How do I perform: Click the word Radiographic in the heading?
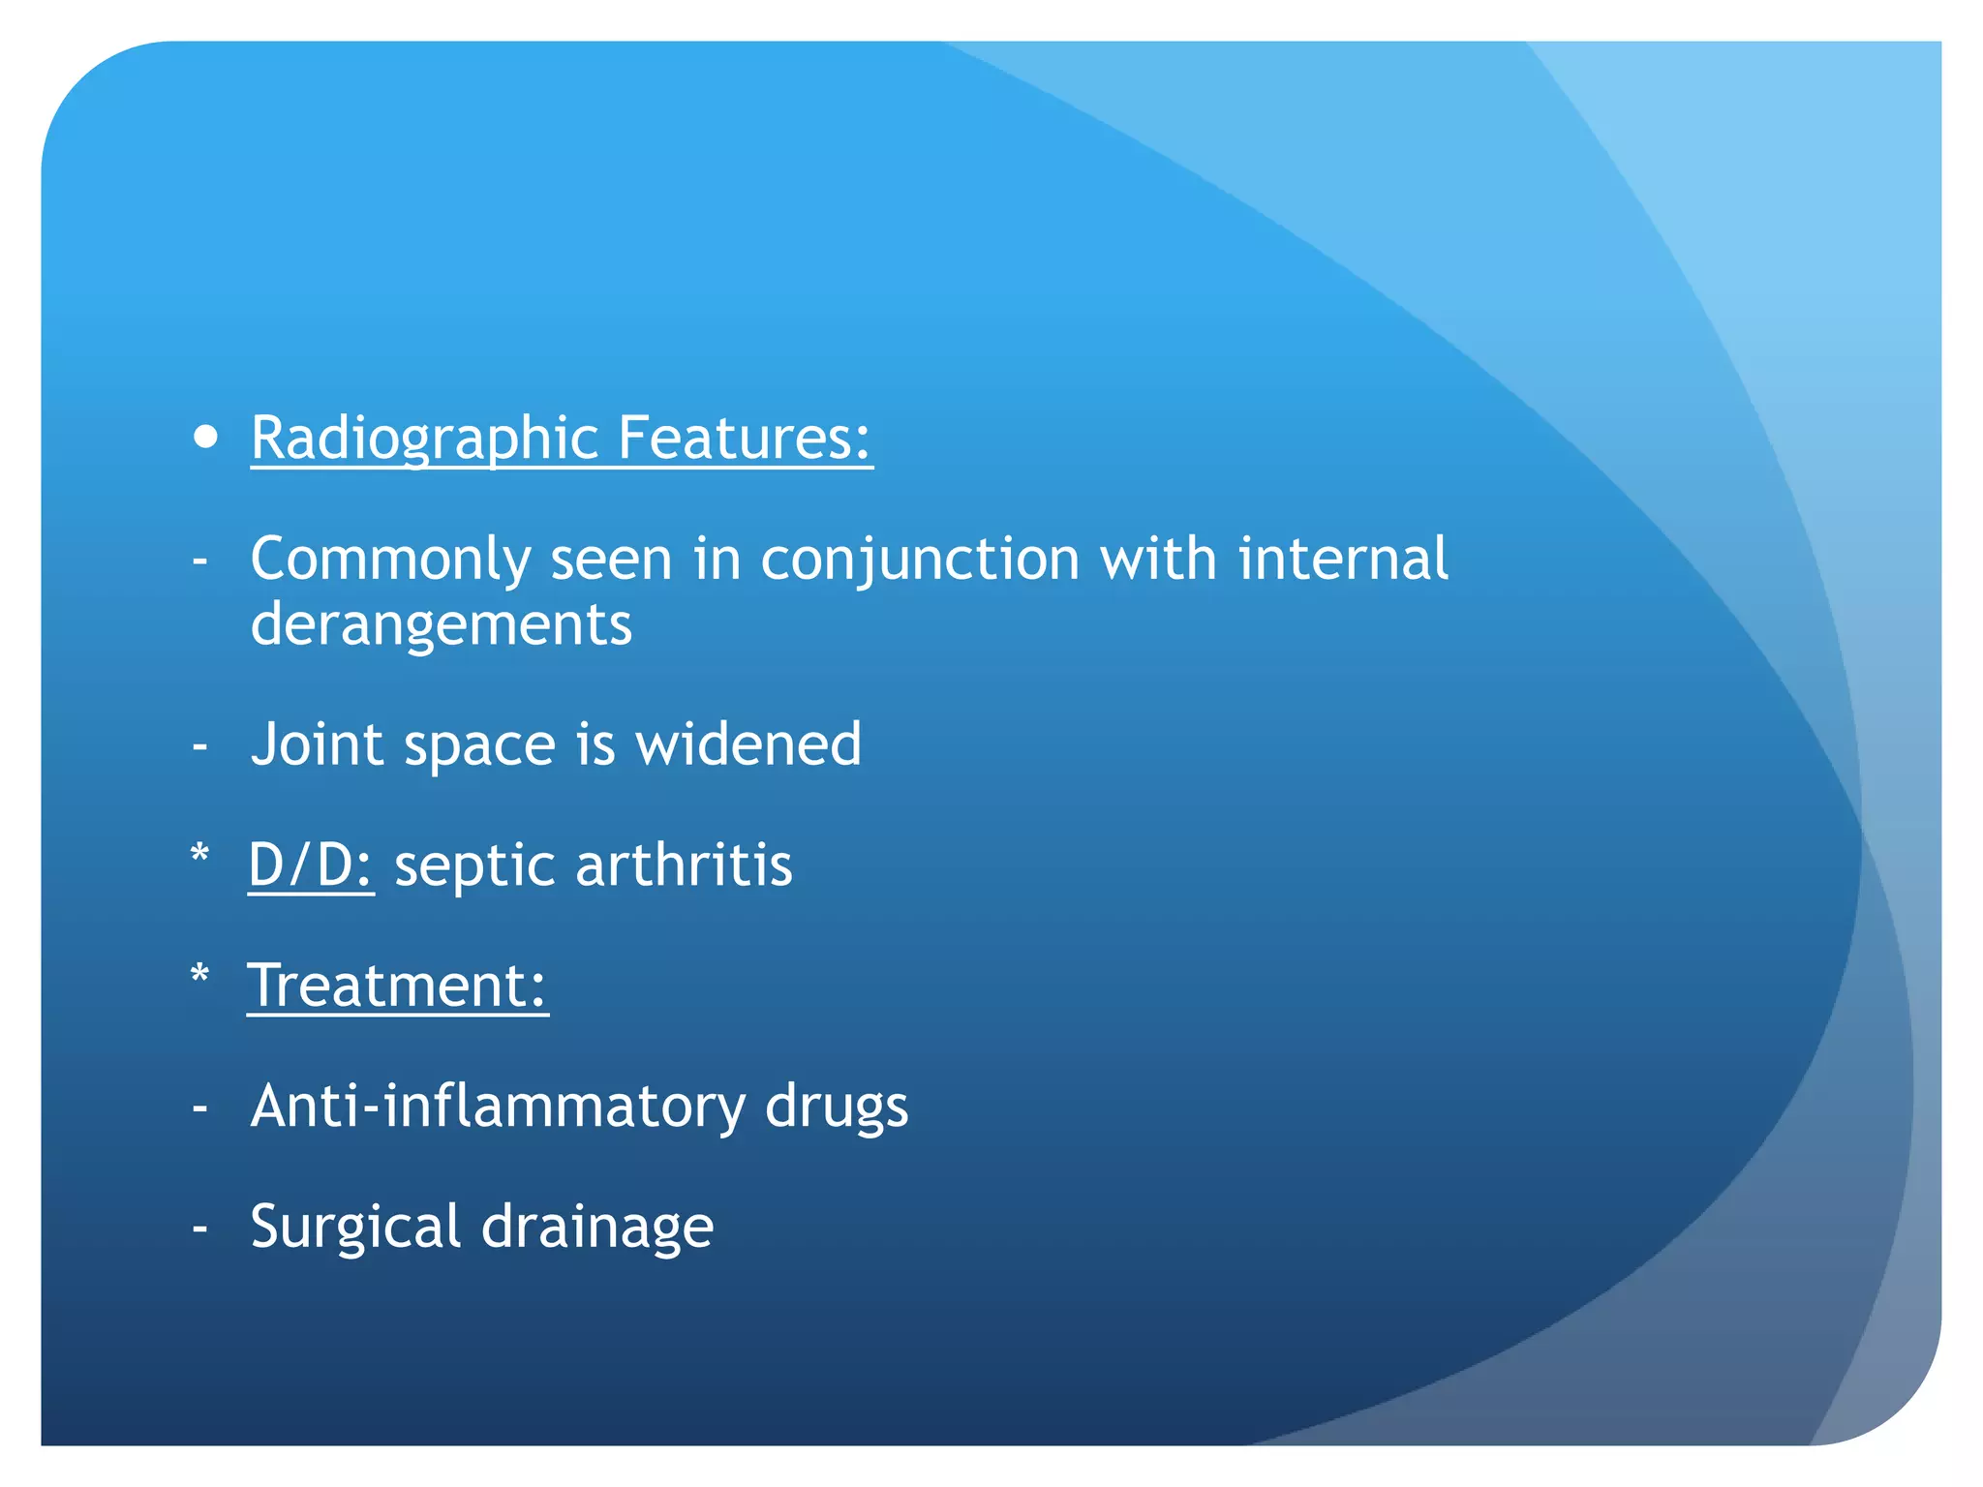pyautogui.click(x=423, y=439)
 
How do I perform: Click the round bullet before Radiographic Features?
pyautogui.click(x=205, y=438)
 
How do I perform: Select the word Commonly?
pyautogui.click(x=390, y=560)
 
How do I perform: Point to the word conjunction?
pyautogui.click(x=920, y=560)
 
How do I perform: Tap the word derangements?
pyautogui.click(x=442, y=624)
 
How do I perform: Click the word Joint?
pyautogui.click(x=317, y=744)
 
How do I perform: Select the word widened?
pyautogui.click(x=747, y=744)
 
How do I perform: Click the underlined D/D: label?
pyautogui.click(x=311, y=865)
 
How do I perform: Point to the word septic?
pyautogui.click(x=473, y=866)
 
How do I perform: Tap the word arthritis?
pyautogui.click(x=684, y=865)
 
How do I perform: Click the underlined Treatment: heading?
pyautogui.click(x=397, y=986)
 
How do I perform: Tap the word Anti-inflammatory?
pyautogui.click(x=498, y=1106)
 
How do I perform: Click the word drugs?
pyautogui.click(x=837, y=1108)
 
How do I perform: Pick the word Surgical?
pyautogui.click(x=355, y=1228)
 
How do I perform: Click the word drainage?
pyautogui.click(x=597, y=1228)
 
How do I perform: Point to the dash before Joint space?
pyautogui.click(x=200, y=746)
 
